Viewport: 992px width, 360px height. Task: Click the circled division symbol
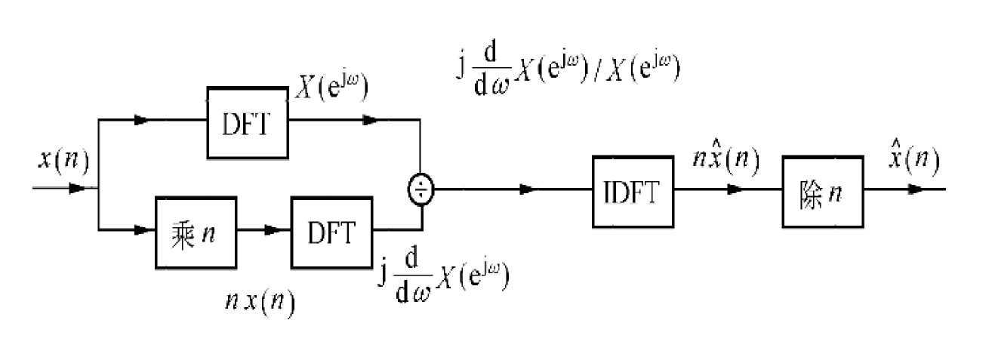click(x=421, y=189)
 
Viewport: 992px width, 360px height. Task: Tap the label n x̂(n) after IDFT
click(x=726, y=161)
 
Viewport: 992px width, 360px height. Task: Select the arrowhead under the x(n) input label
click(x=76, y=189)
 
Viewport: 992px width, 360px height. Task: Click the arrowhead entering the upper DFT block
click(x=140, y=119)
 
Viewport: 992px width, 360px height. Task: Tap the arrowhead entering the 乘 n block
click(x=140, y=229)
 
